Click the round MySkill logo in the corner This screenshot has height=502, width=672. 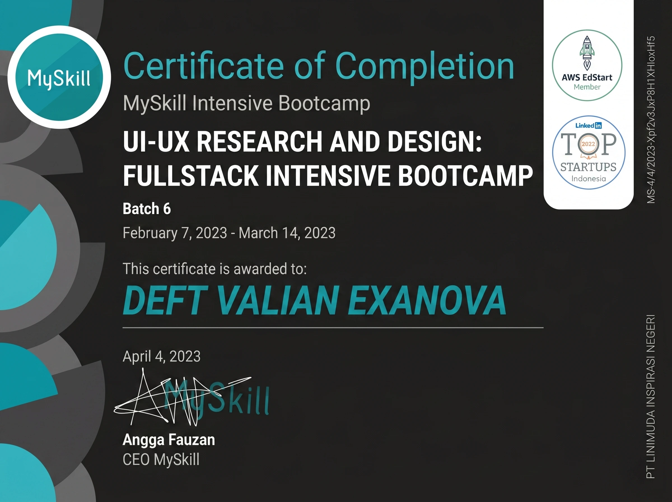coord(59,77)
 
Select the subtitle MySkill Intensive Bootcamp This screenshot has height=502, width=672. coord(247,104)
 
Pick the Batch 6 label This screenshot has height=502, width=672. coord(147,209)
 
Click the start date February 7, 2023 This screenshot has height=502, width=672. coord(175,233)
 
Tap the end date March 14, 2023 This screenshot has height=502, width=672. coord(287,233)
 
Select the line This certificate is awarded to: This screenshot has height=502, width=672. coord(215,269)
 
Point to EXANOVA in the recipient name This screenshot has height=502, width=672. coord(426,301)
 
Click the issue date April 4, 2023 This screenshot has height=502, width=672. coord(162,356)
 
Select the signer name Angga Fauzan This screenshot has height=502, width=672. coord(169,440)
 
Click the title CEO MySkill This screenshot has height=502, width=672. coord(161,459)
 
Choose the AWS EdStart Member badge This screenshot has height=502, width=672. coord(587,65)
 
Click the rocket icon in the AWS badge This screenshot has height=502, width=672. coord(587,53)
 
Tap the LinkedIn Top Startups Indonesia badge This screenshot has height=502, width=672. coord(589,153)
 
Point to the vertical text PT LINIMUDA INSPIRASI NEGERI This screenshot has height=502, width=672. coord(651,397)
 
